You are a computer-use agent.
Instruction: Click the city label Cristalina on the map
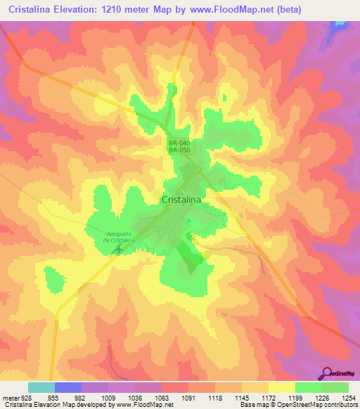181,200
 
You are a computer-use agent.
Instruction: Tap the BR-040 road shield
179,143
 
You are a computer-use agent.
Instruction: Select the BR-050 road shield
179,151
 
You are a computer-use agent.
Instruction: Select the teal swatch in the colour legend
41,387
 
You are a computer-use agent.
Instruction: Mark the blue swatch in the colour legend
68,387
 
